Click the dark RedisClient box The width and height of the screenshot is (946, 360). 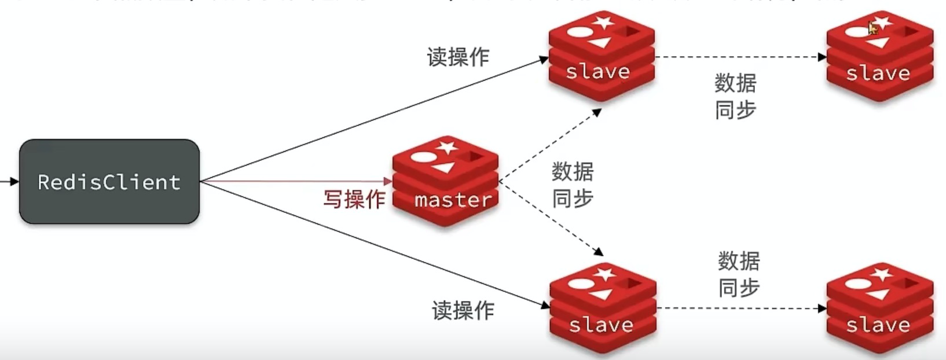point(109,182)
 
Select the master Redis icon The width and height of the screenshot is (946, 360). point(445,182)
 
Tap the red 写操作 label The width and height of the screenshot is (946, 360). point(354,200)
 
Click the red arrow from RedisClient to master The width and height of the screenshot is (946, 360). point(295,182)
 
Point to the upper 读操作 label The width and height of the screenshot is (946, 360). point(458,57)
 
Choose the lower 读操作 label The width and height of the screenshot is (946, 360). point(463,311)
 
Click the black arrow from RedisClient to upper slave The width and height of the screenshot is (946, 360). point(371,119)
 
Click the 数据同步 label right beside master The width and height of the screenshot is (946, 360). point(573,185)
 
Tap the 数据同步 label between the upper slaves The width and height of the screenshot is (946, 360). point(735,96)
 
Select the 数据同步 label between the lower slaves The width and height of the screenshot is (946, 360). point(739,274)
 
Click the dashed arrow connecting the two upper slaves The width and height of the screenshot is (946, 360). point(741,57)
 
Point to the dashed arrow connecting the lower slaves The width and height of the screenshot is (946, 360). point(741,308)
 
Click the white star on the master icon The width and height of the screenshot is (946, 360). point(446,146)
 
